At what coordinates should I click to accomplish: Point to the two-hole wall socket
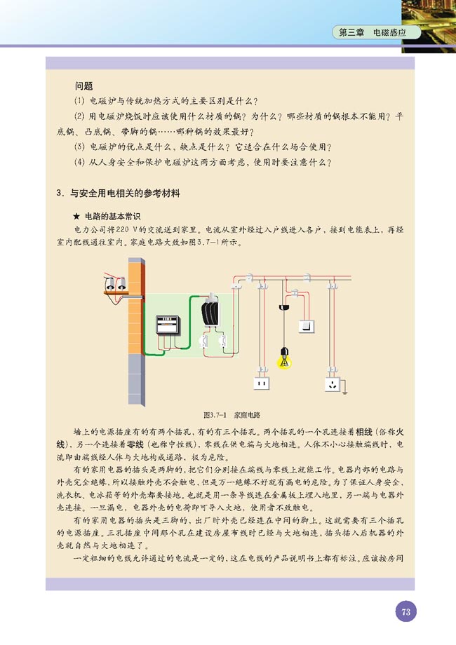(x=261, y=384)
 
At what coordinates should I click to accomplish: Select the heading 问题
(x=83, y=86)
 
